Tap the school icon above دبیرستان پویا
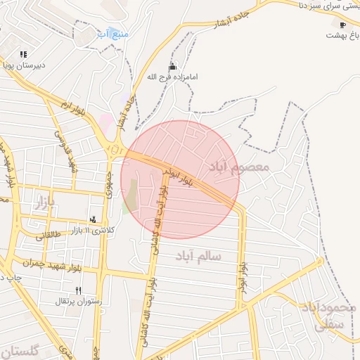24,54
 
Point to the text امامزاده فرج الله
173,75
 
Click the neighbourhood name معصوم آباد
238,167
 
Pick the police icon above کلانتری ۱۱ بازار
93,219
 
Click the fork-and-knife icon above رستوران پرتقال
78,290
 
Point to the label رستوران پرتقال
79,301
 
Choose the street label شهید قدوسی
68,153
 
